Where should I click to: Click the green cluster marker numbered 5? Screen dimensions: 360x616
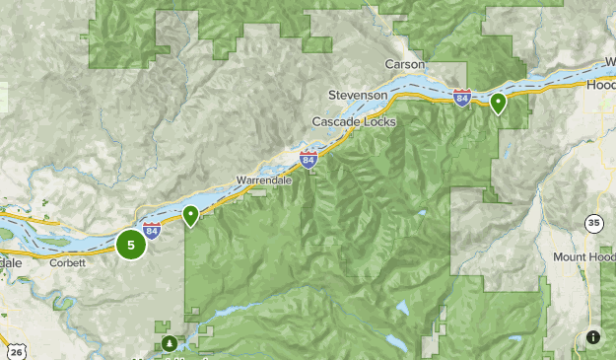click(131, 245)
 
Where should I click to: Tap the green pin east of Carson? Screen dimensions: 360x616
click(499, 102)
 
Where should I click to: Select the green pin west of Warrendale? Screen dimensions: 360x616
click(190, 215)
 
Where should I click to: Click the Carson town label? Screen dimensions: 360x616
click(404, 63)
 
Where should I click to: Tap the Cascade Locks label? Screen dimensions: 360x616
click(354, 121)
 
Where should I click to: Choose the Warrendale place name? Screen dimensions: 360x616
click(261, 180)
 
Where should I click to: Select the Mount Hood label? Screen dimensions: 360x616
click(583, 256)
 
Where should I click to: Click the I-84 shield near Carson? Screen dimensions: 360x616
click(462, 97)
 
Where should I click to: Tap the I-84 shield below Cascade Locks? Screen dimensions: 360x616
click(309, 158)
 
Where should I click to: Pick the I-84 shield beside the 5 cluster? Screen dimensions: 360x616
click(152, 230)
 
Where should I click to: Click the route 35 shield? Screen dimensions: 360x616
click(593, 222)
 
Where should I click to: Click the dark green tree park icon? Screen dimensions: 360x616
click(171, 343)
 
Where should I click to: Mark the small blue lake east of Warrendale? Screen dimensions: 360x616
click(421, 214)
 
